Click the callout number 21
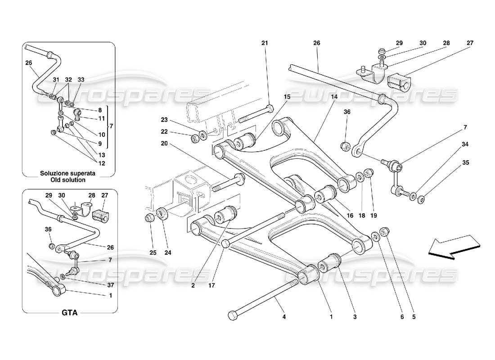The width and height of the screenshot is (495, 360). click(x=265, y=43)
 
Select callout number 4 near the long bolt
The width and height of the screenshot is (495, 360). click(x=283, y=317)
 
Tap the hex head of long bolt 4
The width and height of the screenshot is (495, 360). click(x=233, y=315)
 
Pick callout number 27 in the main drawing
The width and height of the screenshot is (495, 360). click(x=470, y=43)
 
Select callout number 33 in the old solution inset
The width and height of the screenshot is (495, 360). click(x=81, y=80)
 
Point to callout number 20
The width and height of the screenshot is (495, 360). click(x=164, y=144)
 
